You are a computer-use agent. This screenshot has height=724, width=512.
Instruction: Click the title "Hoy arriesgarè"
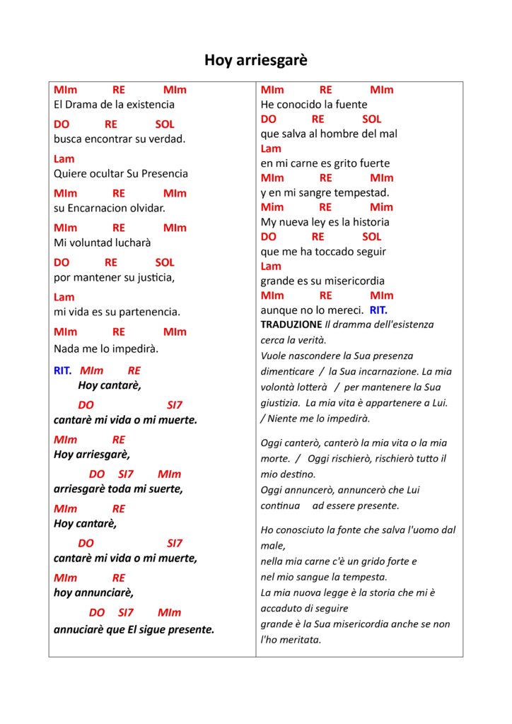click(x=256, y=60)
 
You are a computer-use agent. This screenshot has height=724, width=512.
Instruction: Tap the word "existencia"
click(x=151, y=105)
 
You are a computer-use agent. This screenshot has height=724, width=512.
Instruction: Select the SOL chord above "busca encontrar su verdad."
click(x=164, y=124)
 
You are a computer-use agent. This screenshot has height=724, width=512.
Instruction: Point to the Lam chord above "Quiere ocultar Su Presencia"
click(x=64, y=159)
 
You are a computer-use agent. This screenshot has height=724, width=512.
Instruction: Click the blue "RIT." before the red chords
click(x=63, y=370)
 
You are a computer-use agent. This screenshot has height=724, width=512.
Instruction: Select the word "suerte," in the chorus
click(x=165, y=489)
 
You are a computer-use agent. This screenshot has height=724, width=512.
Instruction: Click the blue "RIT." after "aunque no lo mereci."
click(x=378, y=310)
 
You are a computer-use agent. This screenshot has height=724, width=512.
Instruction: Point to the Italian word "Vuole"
click(x=274, y=356)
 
